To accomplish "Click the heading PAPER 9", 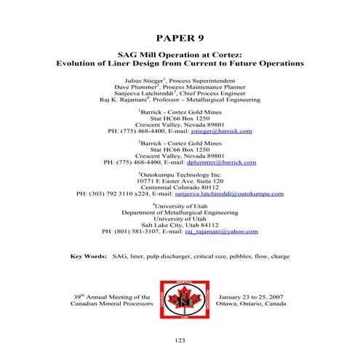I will click(180, 37).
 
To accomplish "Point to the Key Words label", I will click(87, 257).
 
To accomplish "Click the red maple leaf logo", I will click(180, 300).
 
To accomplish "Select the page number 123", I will click(180, 341).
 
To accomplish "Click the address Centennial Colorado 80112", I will click(180, 188).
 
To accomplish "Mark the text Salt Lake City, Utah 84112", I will click(180, 225).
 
